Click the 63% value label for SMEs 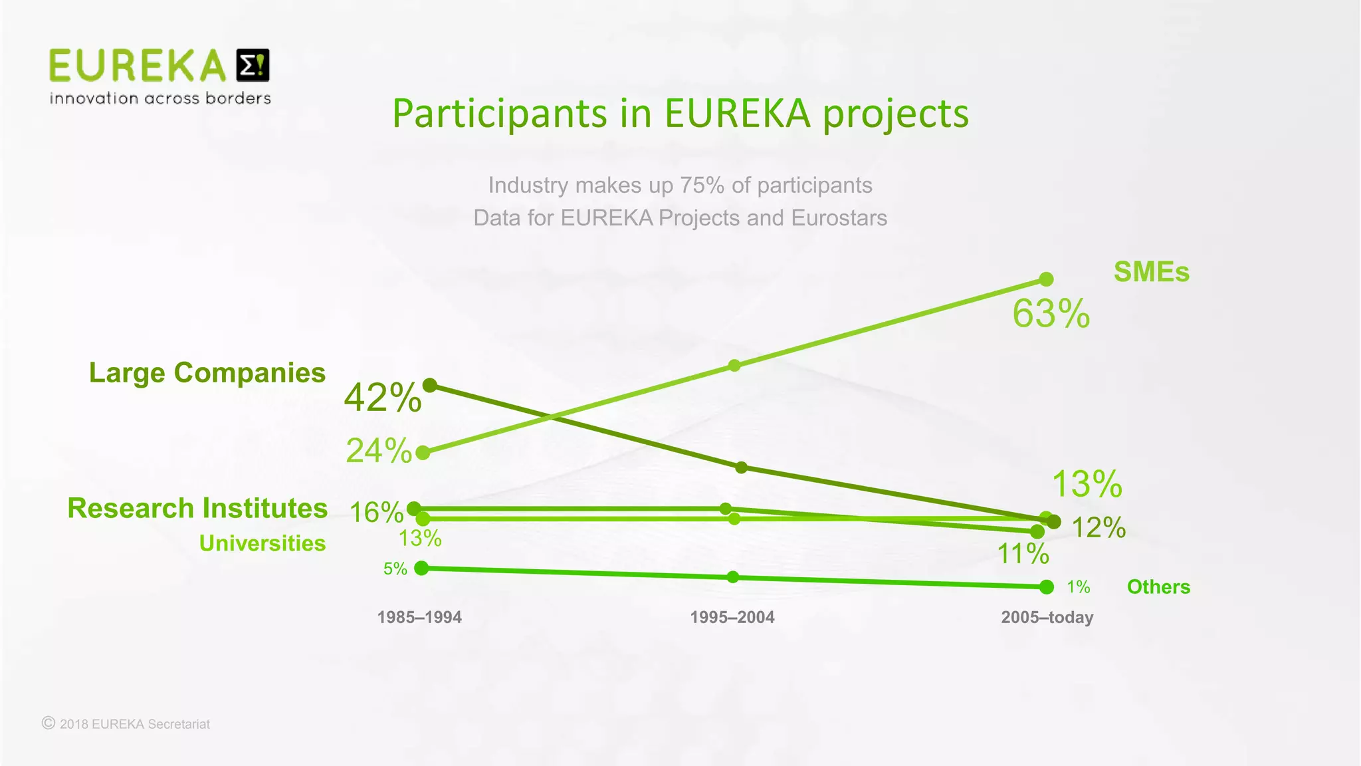pos(1051,314)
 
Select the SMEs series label pos(1151,272)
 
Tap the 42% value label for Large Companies pos(382,398)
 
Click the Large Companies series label pos(207,373)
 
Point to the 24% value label pos(379,451)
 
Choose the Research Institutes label pos(197,509)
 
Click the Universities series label pos(262,543)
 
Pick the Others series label pos(1158,587)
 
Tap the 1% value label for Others pos(1078,587)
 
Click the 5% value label pos(395,569)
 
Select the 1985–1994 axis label pos(419,618)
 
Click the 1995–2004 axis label pos(732,618)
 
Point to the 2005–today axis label pos(1047,618)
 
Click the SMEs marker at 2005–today pos(1046,279)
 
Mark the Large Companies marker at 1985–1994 pos(430,385)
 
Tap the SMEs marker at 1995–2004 pos(734,365)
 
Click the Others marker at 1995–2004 pos(733,576)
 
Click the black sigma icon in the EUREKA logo pos(253,65)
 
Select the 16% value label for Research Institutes pos(376,513)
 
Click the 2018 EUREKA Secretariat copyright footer pos(126,724)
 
